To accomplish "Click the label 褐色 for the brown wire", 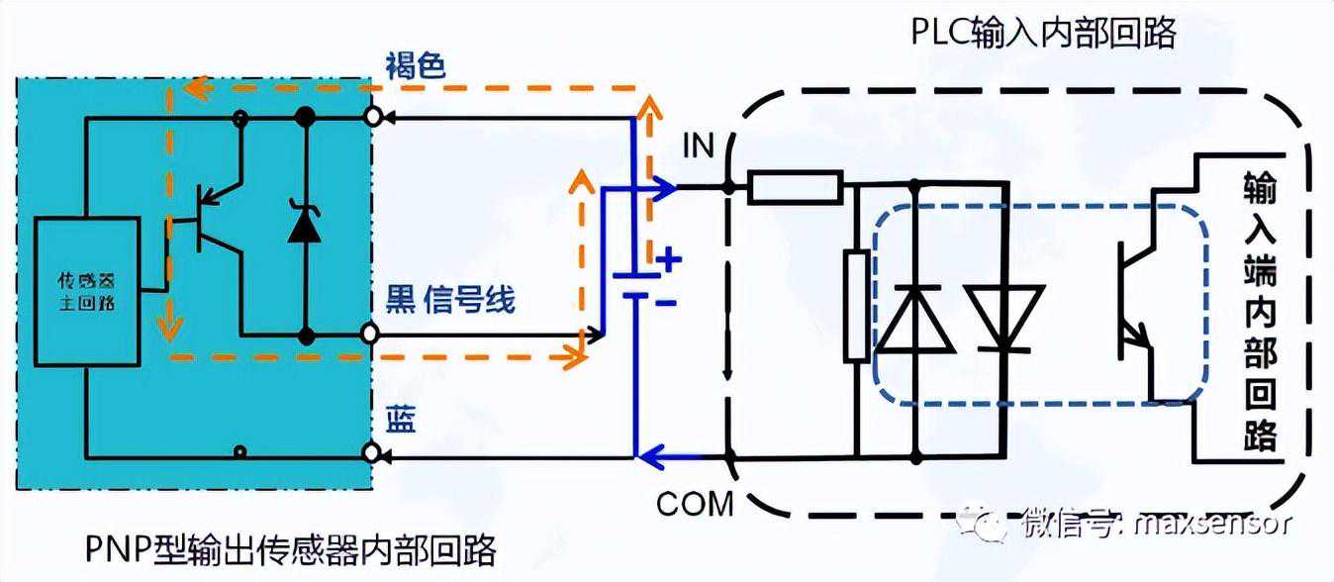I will click(x=416, y=66).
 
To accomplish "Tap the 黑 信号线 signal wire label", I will click(x=450, y=299).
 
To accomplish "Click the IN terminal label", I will click(x=698, y=147).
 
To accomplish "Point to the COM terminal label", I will click(x=695, y=503).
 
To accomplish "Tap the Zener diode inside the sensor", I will click(x=304, y=223).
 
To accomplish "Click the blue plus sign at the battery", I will click(x=670, y=261).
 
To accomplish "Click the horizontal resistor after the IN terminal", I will click(x=795, y=187).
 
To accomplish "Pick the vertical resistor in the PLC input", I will click(x=857, y=306).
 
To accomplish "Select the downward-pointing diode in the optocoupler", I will click(x=1005, y=319).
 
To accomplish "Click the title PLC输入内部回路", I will click(x=1043, y=34).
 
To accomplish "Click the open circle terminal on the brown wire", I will click(x=372, y=118).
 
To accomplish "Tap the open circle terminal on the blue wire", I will click(x=372, y=454).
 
